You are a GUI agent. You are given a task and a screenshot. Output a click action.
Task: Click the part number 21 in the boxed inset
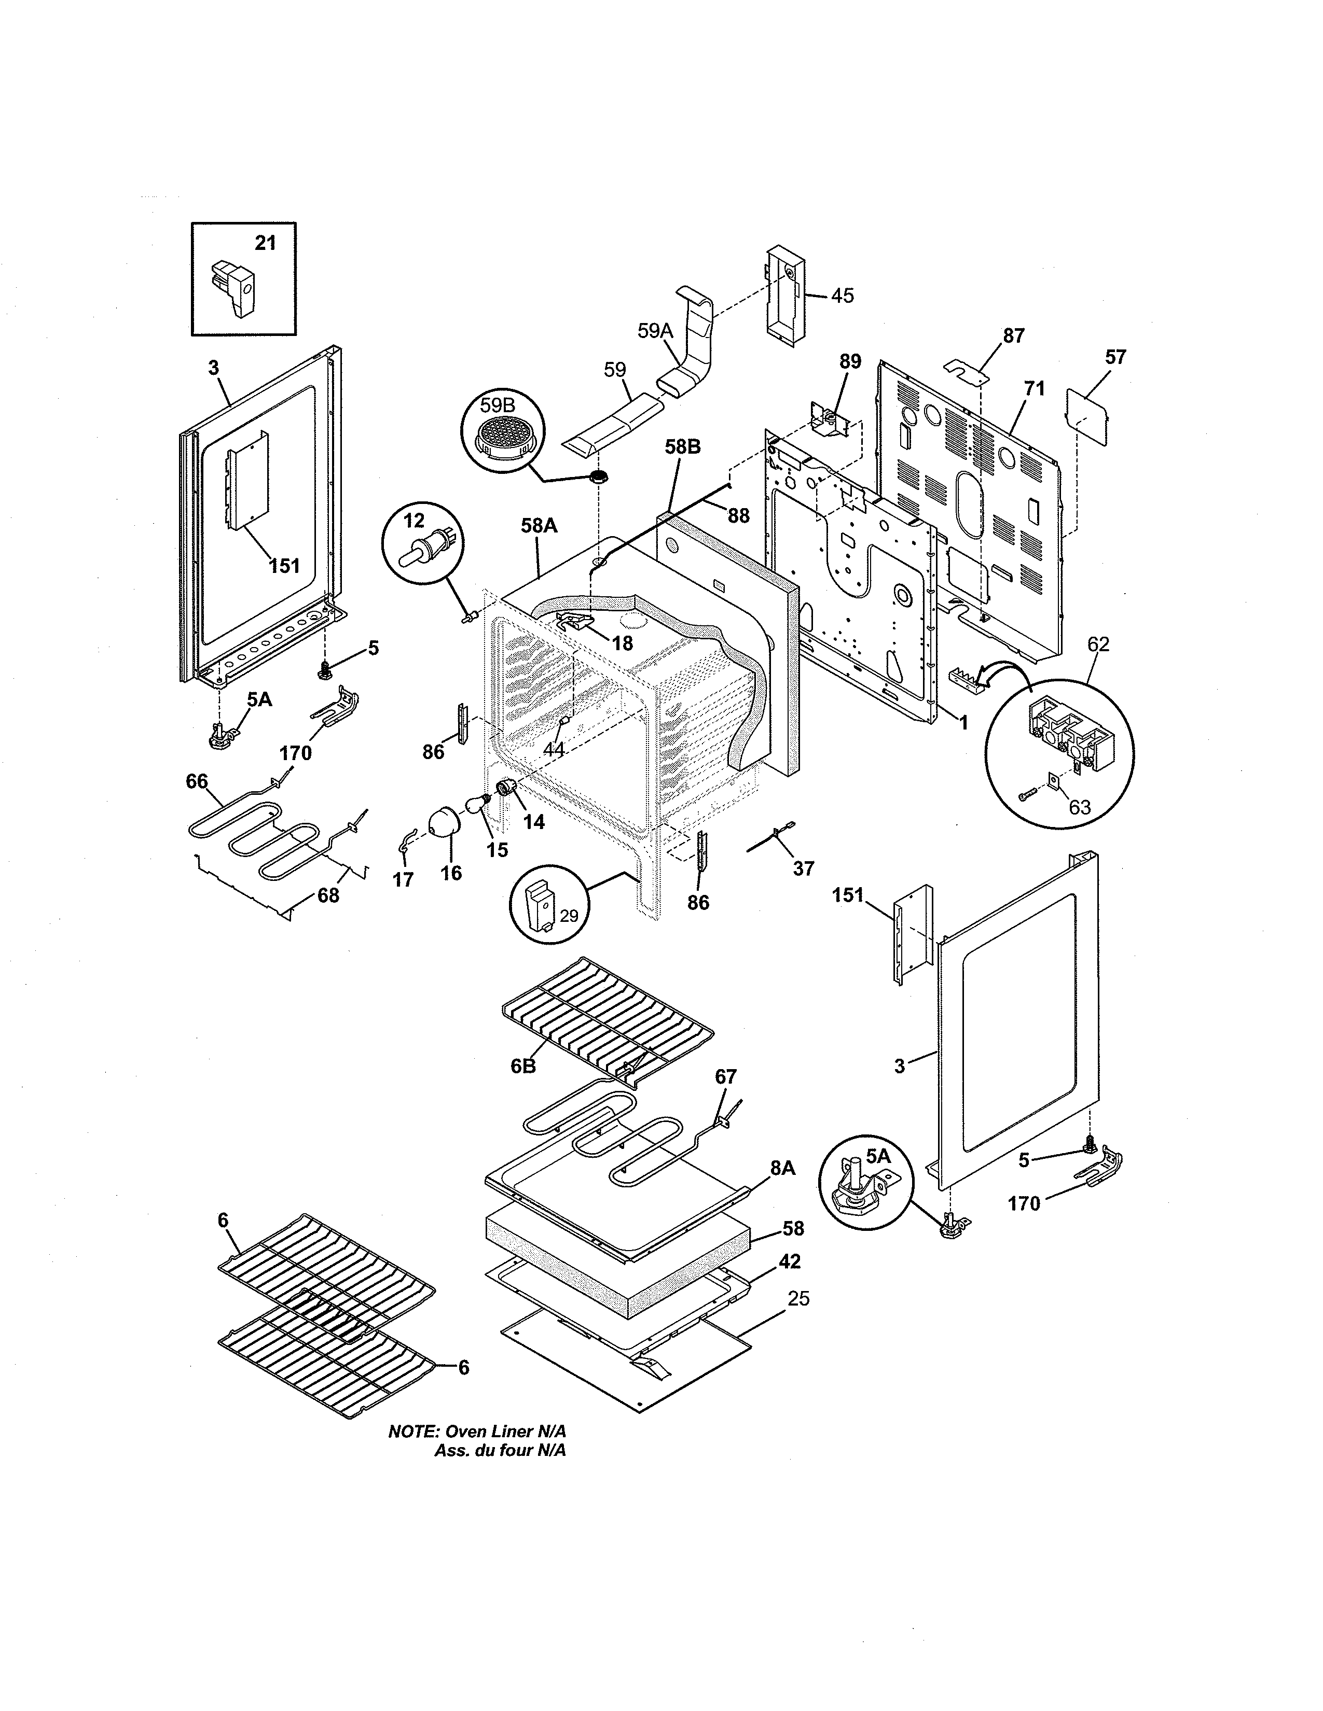pyautogui.click(x=266, y=244)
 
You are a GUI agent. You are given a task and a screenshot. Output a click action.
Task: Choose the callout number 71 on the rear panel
pyautogui.click(x=1035, y=388)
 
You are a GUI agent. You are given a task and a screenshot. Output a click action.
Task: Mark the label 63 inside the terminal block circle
pyautogui.click(x=1080, y=807)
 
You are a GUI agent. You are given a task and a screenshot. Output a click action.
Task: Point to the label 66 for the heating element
pyautogui.click(x=197, y=781)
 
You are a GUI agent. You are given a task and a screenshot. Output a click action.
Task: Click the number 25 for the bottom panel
pyautogui.click(x=798, y=1299)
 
